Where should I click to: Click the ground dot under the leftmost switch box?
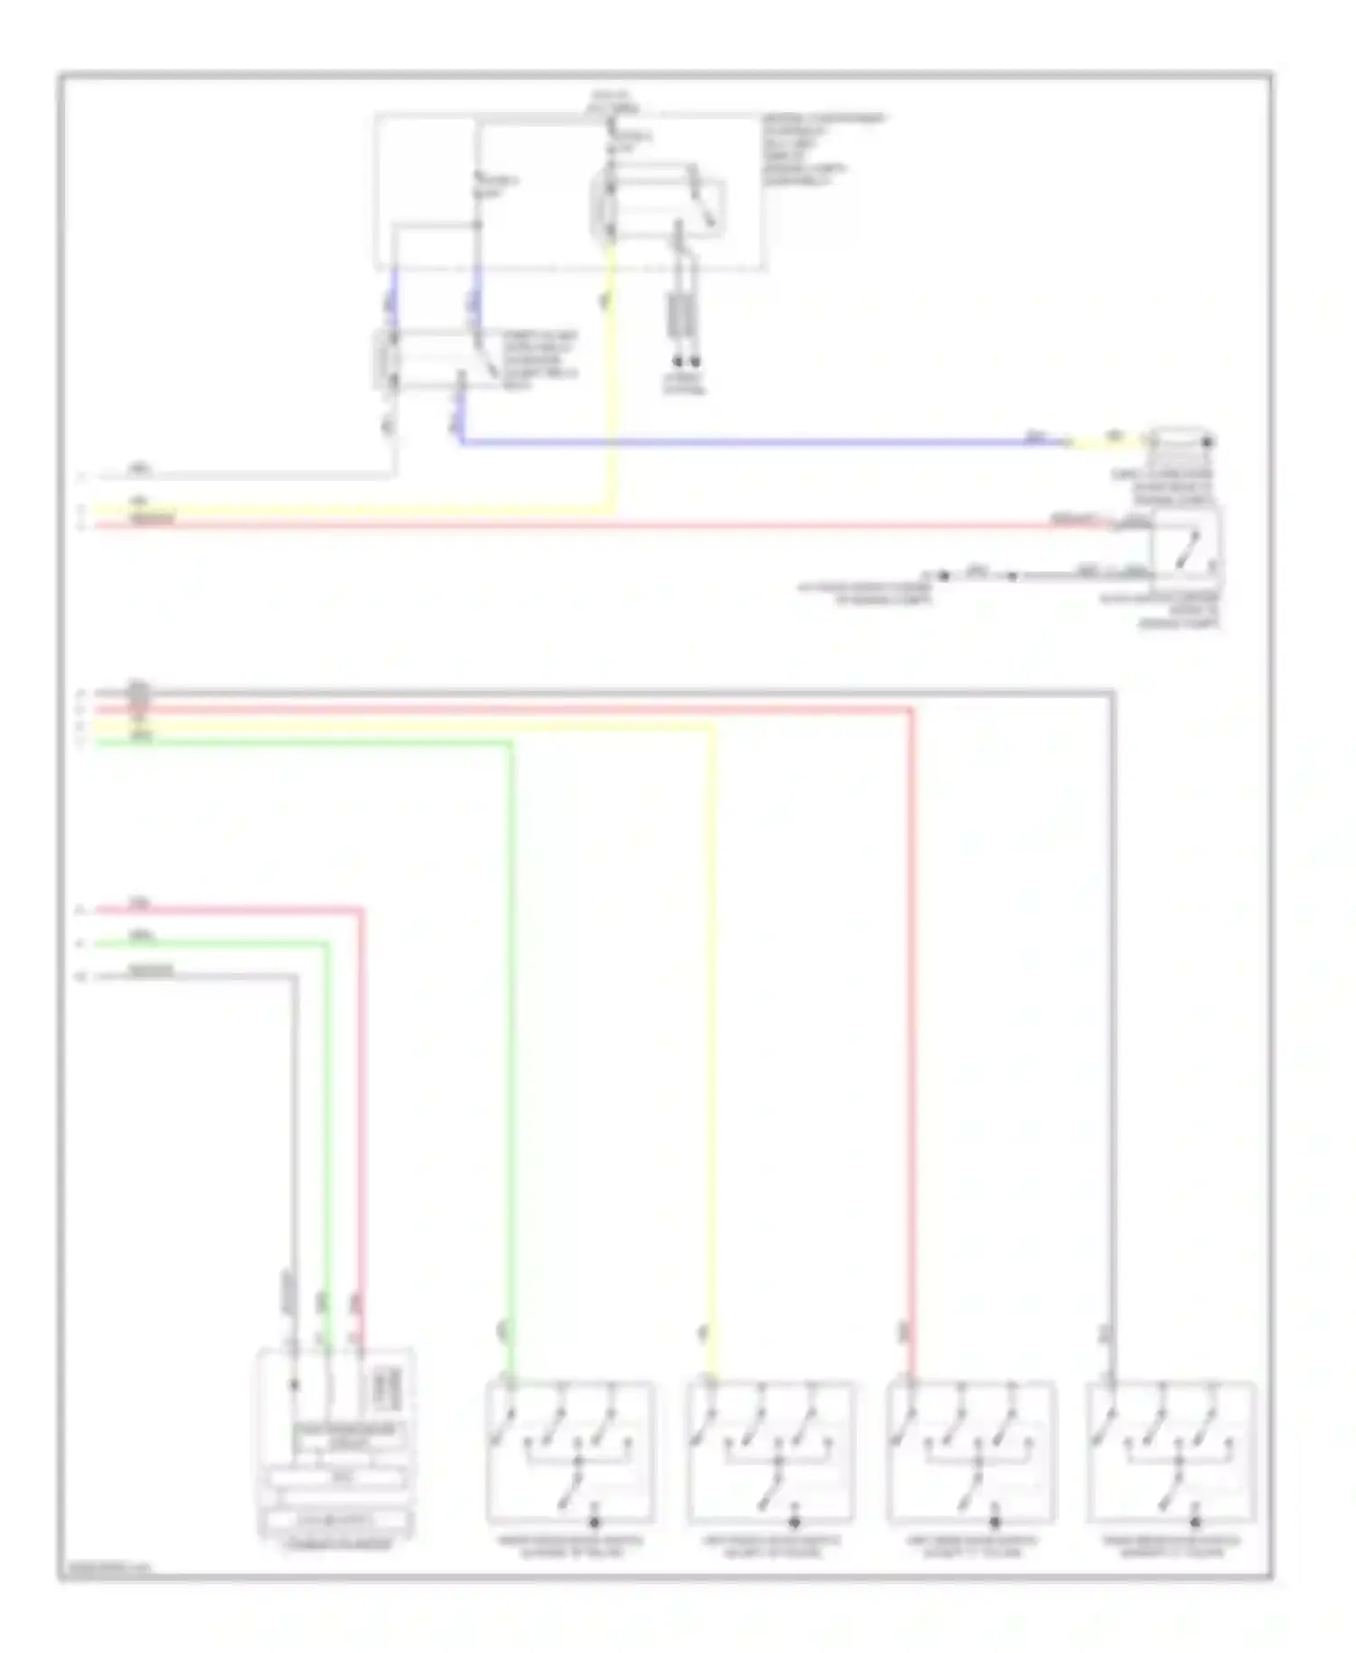(594, 1522)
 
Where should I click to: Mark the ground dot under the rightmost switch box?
(1195, 1522)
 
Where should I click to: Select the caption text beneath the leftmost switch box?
(570, 1547)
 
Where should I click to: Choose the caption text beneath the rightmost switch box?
(1171, 1547)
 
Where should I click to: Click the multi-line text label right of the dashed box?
(823, 149)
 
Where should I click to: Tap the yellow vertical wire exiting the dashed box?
(612, 380)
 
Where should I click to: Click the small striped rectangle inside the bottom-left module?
(387, 1388)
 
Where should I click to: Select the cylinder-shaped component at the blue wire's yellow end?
(1181, 441)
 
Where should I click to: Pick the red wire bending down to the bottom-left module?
(361, 1085)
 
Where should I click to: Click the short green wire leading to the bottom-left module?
(326, 1085)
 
